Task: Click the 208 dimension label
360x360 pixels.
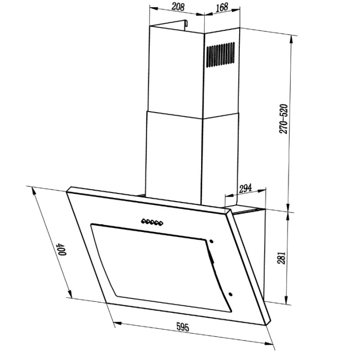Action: [178, 7]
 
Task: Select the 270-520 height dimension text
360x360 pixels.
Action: [283, 119]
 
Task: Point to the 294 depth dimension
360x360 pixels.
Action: [245, 188]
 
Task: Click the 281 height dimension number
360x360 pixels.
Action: [281, 258]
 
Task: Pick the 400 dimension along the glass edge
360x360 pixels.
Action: [62, 249]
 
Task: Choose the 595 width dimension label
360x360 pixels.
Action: [183, 327]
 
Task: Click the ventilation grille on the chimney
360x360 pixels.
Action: [220, 55]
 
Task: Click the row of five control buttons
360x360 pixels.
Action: [152, 222]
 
